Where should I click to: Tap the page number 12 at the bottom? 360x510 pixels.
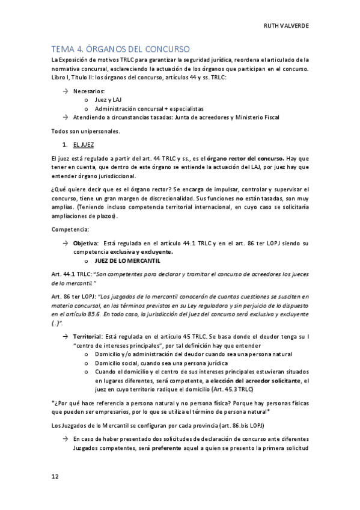pyautogui.click(x=55, y=476)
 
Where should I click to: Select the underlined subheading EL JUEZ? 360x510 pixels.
pyautogui.click(x=84, y=146)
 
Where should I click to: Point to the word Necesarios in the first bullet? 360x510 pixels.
pyautogui.click(x=89, y=91)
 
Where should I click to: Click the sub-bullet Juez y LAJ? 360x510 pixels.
pyautogui.click(x=108, y=100)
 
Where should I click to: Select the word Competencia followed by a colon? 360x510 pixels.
pyautogui.click(x=70, y=229)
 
